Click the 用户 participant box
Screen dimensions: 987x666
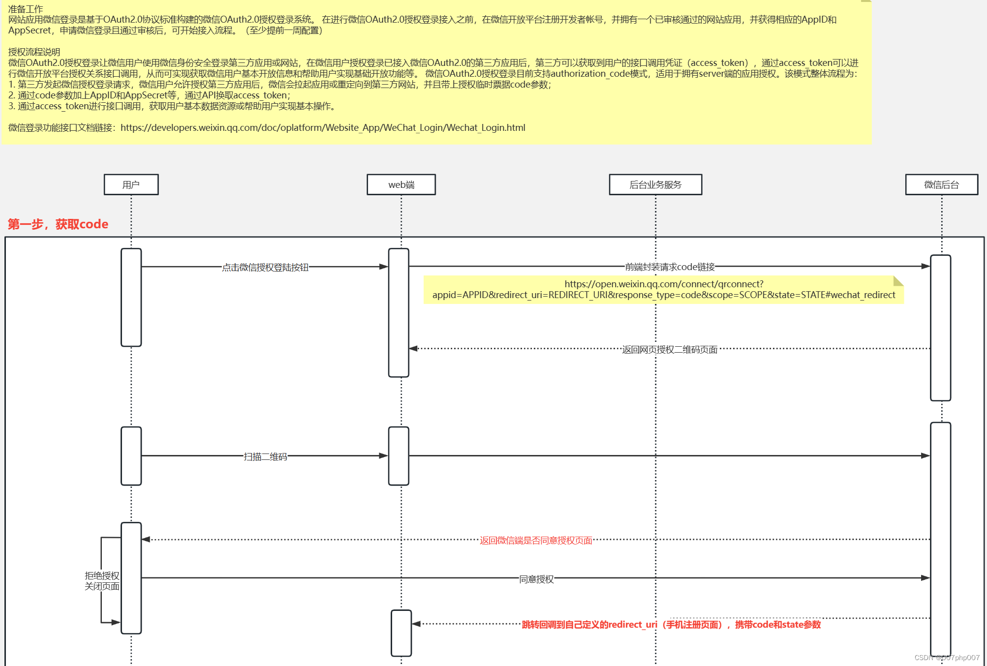tap(131, 184)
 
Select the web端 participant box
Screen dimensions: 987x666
tap(401, 184)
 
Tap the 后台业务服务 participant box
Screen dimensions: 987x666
tap(655, 184)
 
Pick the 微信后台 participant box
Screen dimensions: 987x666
tap(941, 184)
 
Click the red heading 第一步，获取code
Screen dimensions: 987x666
tap(58, 224)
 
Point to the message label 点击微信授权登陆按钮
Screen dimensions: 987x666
tap(265, 267)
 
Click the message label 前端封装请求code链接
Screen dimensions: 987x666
tap(670, 267)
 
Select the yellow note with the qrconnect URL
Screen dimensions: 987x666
tap(663, 290)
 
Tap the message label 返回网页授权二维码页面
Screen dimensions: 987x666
tap(670, 349)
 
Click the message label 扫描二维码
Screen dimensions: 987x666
tap(265, 456)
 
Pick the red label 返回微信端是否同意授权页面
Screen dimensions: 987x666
tap(536, 540)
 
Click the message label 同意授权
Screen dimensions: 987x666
tap(536, 579)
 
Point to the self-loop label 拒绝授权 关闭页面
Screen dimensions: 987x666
tap(102, 581)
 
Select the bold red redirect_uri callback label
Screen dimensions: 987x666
tap(671, 625)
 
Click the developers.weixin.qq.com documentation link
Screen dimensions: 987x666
tap(323, 128)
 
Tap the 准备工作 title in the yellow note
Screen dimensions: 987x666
tap(26, 9)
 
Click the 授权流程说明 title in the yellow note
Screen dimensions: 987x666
tap(34, 52)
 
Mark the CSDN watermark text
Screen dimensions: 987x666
tap(947, 658)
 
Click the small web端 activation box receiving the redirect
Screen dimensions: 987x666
tap(401, 633)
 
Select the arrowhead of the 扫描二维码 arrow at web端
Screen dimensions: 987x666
tap(384, 456)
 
